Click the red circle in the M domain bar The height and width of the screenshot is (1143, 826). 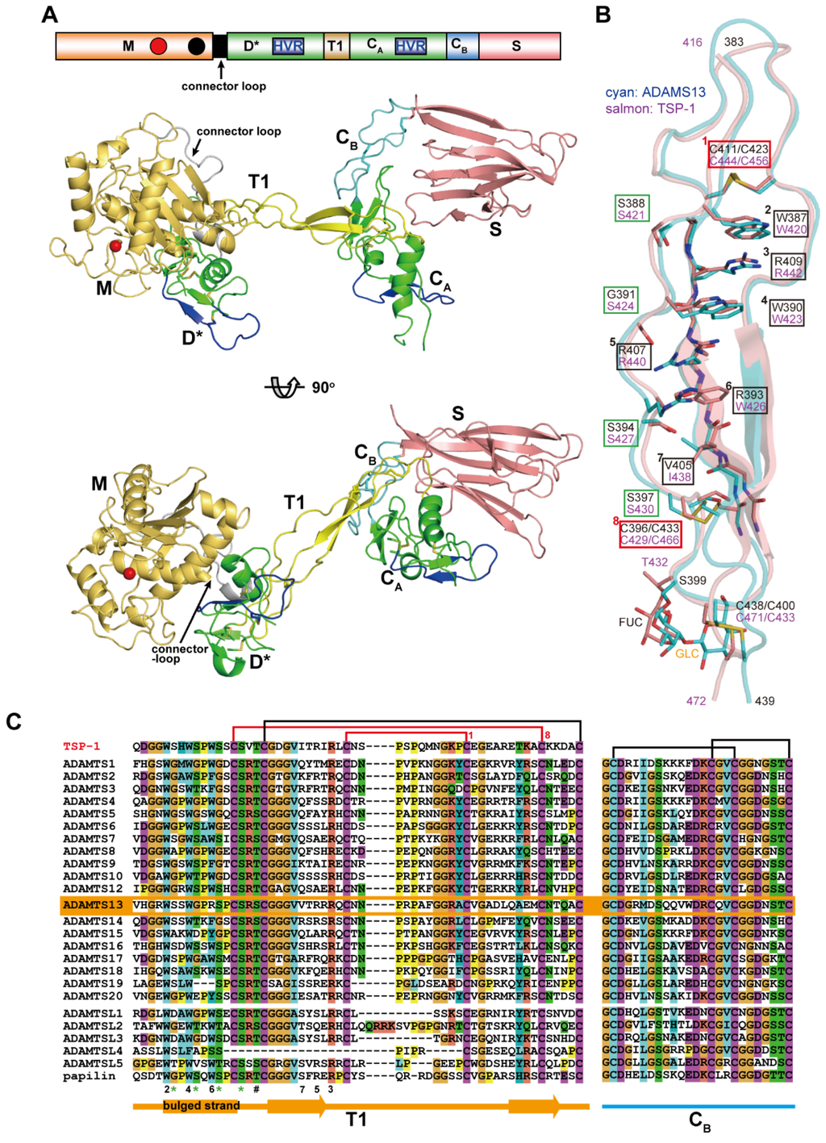(x=158, y=46)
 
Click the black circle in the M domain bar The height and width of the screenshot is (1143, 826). (x=195, y=46)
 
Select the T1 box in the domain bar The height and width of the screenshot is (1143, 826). (x=335, y=46)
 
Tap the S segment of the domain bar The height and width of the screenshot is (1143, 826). (x=517, y=46)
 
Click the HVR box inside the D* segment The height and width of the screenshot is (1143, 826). (x=288, y=46)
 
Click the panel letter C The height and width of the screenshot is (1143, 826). (x=14, y=720)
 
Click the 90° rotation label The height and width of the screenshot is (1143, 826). (x=323, y=387)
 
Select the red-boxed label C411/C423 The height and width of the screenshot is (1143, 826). (x=739, y=154)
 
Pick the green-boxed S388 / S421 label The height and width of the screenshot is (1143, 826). (x=631, y=209)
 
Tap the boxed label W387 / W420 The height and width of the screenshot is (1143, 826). (x=791, y=223)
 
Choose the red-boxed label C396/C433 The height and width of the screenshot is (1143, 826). (x=649, y=534)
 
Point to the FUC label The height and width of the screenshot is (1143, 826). (x=631, y=622)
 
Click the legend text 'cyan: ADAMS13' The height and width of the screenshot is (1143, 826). (x=655, y=92)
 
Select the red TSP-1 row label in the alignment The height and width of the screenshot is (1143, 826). (x=81, y=746)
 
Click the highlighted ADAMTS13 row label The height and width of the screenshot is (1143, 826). (x=93, y=905)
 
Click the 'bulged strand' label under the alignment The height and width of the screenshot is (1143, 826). (x=201, y=1105)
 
